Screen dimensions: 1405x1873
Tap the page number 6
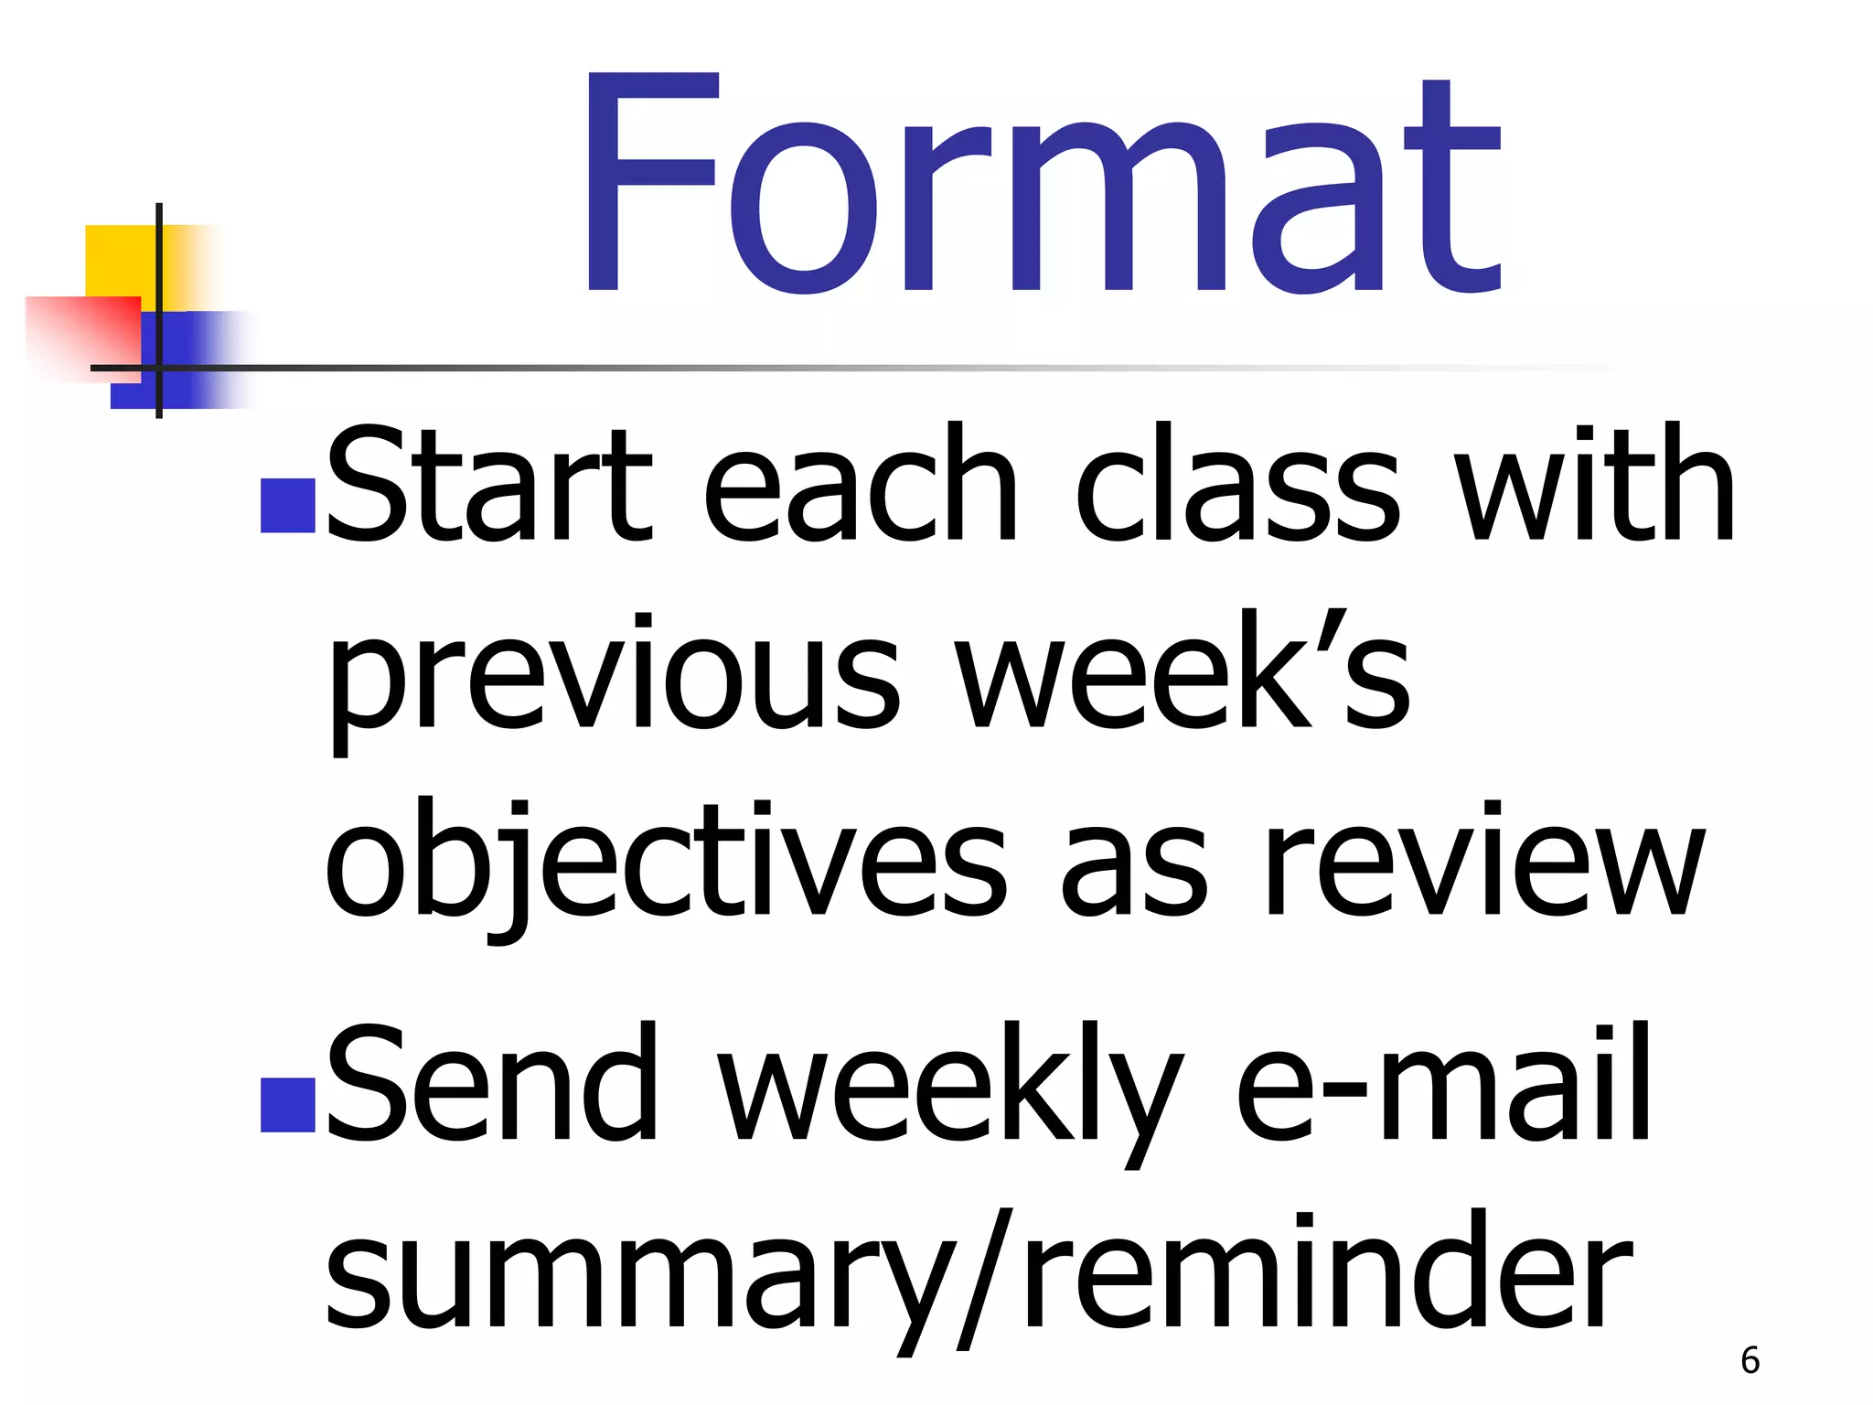click(x=1750, y=1360)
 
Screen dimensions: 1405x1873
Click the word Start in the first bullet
click(x=488, y=485)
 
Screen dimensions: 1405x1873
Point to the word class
click(x=1236, y=485)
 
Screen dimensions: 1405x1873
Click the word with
click(x=1595, y=485)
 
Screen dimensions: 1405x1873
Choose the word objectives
click(x=666, y=864)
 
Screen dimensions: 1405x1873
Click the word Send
click(x=491, y=1084)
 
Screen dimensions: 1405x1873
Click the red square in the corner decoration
click(x=82, y=335)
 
